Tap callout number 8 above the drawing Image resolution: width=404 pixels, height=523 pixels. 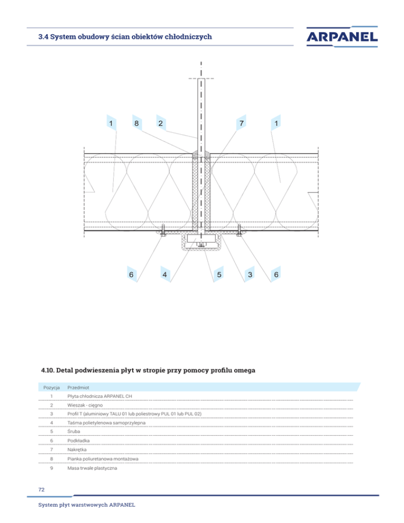[x=136, y=124]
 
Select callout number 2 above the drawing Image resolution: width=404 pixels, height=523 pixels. [x=160, y=124]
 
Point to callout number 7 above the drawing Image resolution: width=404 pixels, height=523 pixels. [x=240, y=124]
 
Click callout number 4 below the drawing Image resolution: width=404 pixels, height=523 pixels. [x=165, y=274]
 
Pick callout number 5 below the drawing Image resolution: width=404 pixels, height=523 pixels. [x=219, y=274]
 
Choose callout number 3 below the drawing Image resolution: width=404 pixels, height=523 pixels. [x=250, y=274]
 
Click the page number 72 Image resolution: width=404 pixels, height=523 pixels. [x=42, y=489]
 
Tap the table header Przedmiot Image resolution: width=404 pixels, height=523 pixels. [x=78, y=387]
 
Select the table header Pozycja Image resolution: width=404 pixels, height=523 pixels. [x=51, y=387]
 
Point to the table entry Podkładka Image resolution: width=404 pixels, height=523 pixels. [x=79, y=441]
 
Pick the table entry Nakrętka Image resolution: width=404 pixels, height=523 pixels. [x=78, y=450]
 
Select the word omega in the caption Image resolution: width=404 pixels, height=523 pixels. [x=242, y=370]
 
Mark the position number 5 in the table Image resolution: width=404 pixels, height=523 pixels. [x=51, y=432]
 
